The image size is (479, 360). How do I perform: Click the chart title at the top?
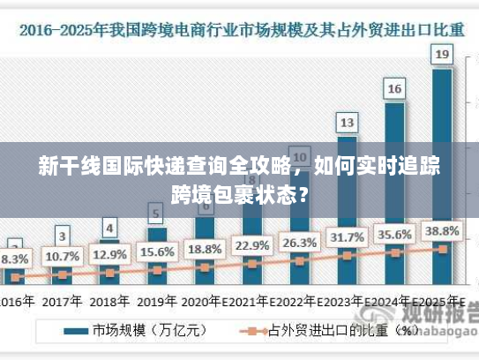pos(239,30)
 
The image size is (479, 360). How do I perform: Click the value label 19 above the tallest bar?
pos(443,55)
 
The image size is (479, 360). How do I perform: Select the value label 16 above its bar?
pos(395,88)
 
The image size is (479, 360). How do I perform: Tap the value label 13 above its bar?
pos(348,122)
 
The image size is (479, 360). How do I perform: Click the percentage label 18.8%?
pos(205,248)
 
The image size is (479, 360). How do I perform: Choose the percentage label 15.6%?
pos(157,251)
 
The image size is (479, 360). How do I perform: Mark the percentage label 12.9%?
pos(109,254)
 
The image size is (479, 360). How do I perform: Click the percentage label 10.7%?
pos(62,257)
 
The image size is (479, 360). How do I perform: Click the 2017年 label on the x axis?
pos(62,301)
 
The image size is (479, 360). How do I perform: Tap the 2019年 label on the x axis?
pos(157,301)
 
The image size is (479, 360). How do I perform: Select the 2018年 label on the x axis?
pos(109,301)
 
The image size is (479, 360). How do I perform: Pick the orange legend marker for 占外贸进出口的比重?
pos(253,332)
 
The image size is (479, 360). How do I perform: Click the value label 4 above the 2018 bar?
pos(109,227)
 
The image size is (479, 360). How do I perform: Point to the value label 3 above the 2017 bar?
pos(62,236)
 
